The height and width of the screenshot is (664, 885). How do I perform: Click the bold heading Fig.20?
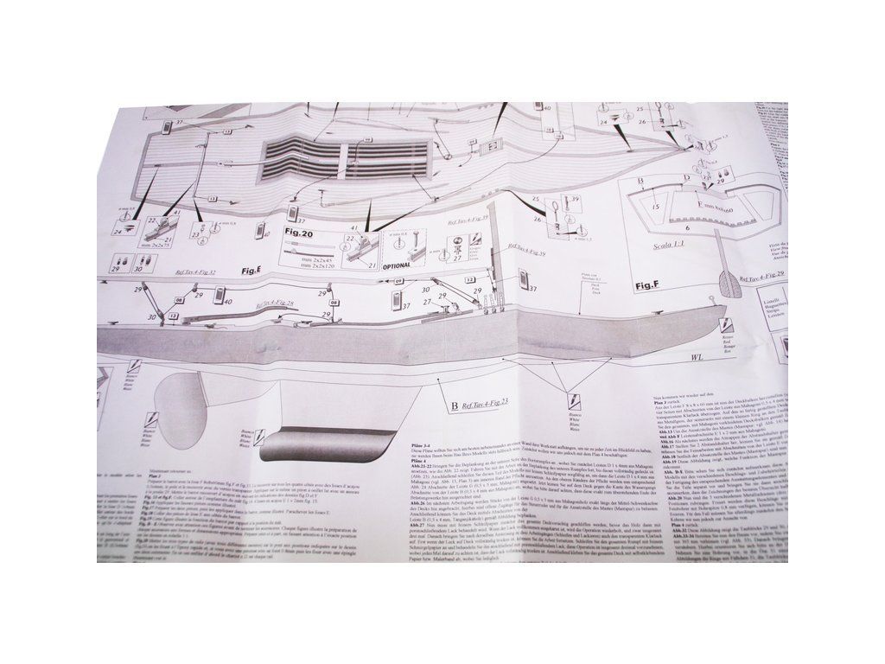click(x=302, y=234)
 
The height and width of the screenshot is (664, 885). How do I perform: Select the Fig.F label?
click(x=650, y=284)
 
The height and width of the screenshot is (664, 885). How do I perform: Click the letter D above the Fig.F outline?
click(x=686, y=177)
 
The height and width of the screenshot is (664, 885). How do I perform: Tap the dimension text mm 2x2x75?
click(x=157, y=246)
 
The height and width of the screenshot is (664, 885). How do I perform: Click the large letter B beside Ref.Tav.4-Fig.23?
click(x=453, y=404)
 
